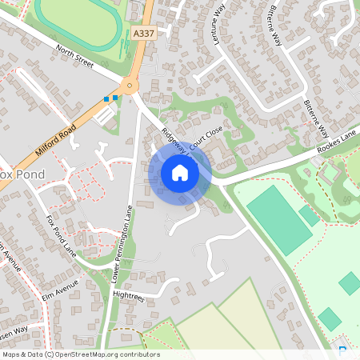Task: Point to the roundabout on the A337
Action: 129,85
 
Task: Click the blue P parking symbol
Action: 342,350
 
